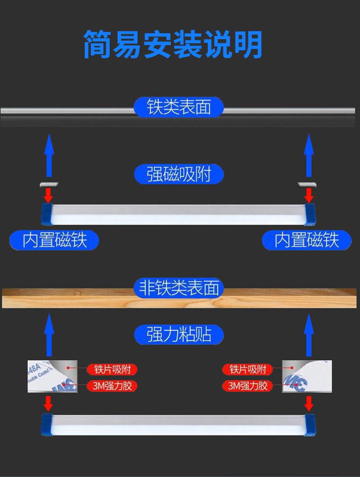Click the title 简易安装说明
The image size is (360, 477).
click(173, 44)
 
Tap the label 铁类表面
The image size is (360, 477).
click(179, 107)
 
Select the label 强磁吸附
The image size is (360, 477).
click(179, 174)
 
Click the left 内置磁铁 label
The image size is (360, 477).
click(55, 240)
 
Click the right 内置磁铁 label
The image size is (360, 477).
click(307, 240)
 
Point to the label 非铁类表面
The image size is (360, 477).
click(179, 288)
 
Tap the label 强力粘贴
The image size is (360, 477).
click(179, 335)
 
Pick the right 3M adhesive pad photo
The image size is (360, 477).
click(307, 377)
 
